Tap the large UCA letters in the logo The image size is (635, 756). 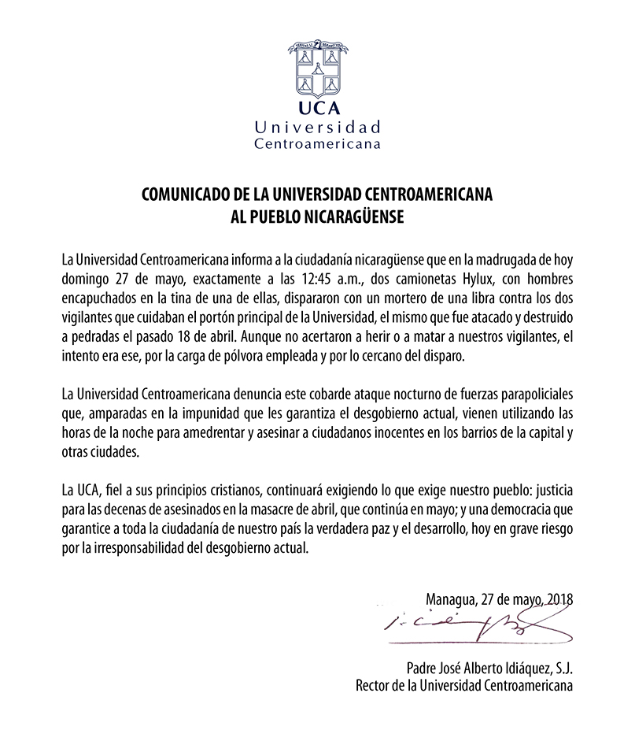(317, 109)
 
